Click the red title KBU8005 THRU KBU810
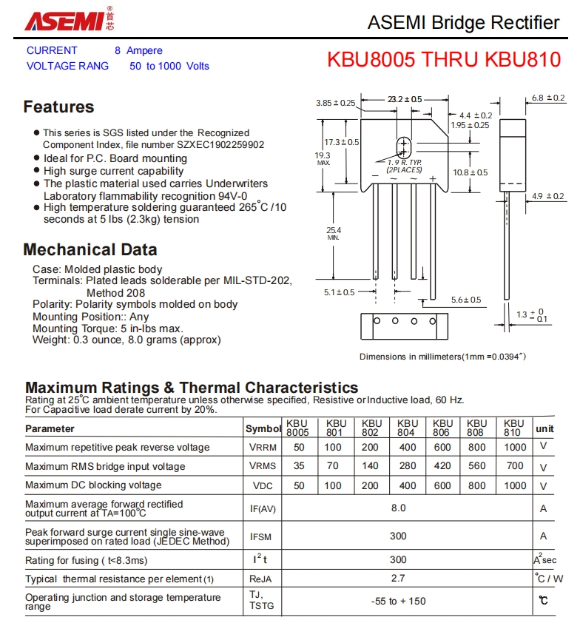(444, 60)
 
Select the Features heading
(58, 107)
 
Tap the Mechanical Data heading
(90, 249)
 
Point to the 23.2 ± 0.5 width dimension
(404, 99)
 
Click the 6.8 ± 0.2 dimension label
(547, 98)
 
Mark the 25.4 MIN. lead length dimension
(334, 233)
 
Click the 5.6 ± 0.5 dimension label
(466, 300)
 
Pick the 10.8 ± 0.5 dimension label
(471, 172)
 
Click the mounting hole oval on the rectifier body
(404, 146)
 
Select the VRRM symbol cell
(263, 448)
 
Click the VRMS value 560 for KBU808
(477, 466)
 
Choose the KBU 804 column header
(407, 428)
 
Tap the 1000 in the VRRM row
(515, 448)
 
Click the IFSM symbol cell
(263, 536)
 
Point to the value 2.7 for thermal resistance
(398, 579)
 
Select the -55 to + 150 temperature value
(398, 601)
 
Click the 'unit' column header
(544, 428)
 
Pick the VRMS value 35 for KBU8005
(299, 466)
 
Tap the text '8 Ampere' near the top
(138, 50)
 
